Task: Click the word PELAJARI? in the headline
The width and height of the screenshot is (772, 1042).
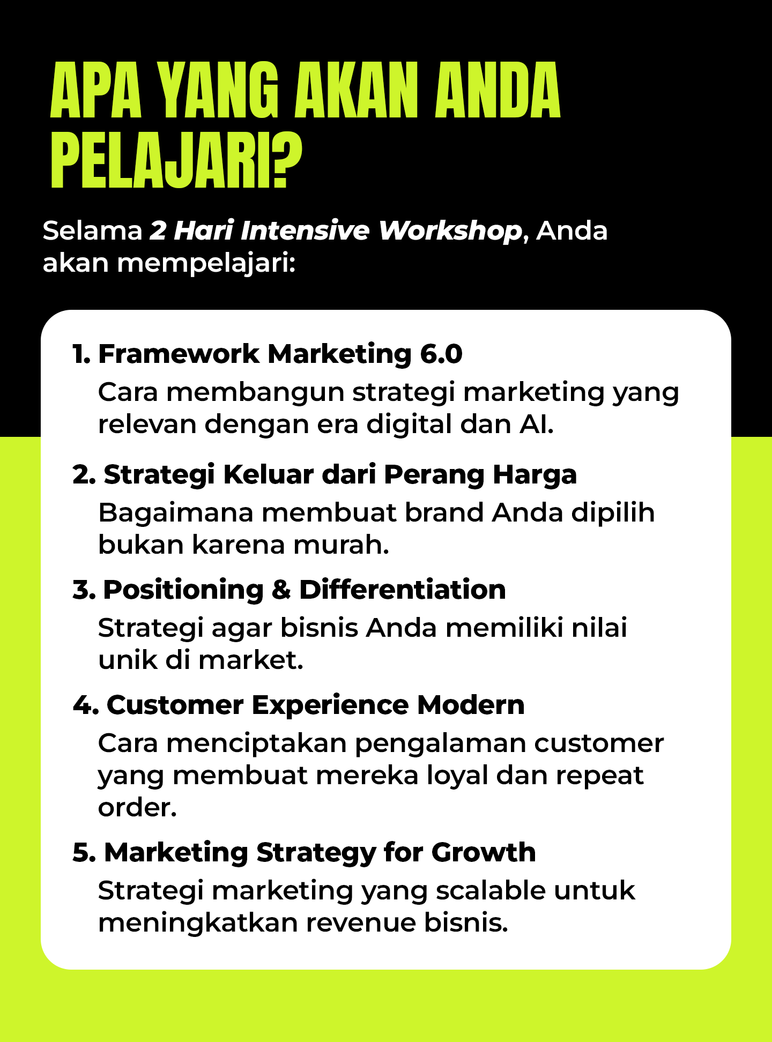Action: click(177, 161)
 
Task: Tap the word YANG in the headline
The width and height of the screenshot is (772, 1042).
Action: click(220, 90)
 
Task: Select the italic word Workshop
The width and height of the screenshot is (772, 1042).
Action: click(450, 232)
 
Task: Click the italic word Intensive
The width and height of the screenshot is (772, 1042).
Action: click(305, 230)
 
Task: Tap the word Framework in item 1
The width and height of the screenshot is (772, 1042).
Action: click(179, 354)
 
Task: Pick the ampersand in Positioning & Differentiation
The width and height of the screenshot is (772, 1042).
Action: click(281, 590)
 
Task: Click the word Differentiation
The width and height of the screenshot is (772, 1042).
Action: click(403, 590)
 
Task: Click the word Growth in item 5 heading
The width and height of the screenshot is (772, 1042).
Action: click(484, 852)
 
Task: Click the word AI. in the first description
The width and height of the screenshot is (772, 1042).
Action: click(536, 425)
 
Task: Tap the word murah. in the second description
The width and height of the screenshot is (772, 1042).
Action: click(341, 545)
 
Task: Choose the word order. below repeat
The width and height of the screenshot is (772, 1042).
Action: click(137, 808)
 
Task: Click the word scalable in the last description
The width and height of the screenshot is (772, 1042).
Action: click(491, 891)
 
